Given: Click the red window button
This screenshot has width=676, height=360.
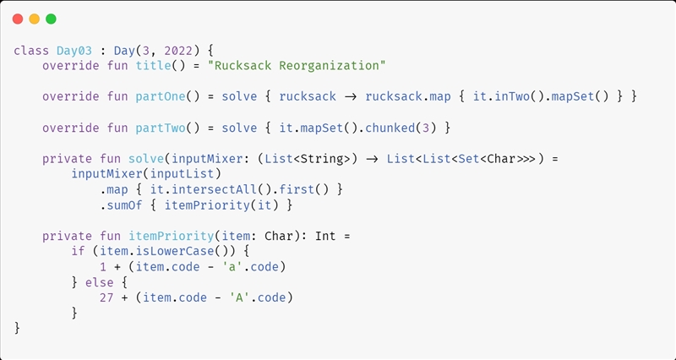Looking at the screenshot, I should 18,19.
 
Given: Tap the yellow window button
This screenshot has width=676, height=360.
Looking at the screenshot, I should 34,19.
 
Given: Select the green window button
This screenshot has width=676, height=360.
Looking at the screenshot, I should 51,19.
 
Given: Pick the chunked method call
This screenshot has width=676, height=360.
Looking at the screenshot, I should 395,127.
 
